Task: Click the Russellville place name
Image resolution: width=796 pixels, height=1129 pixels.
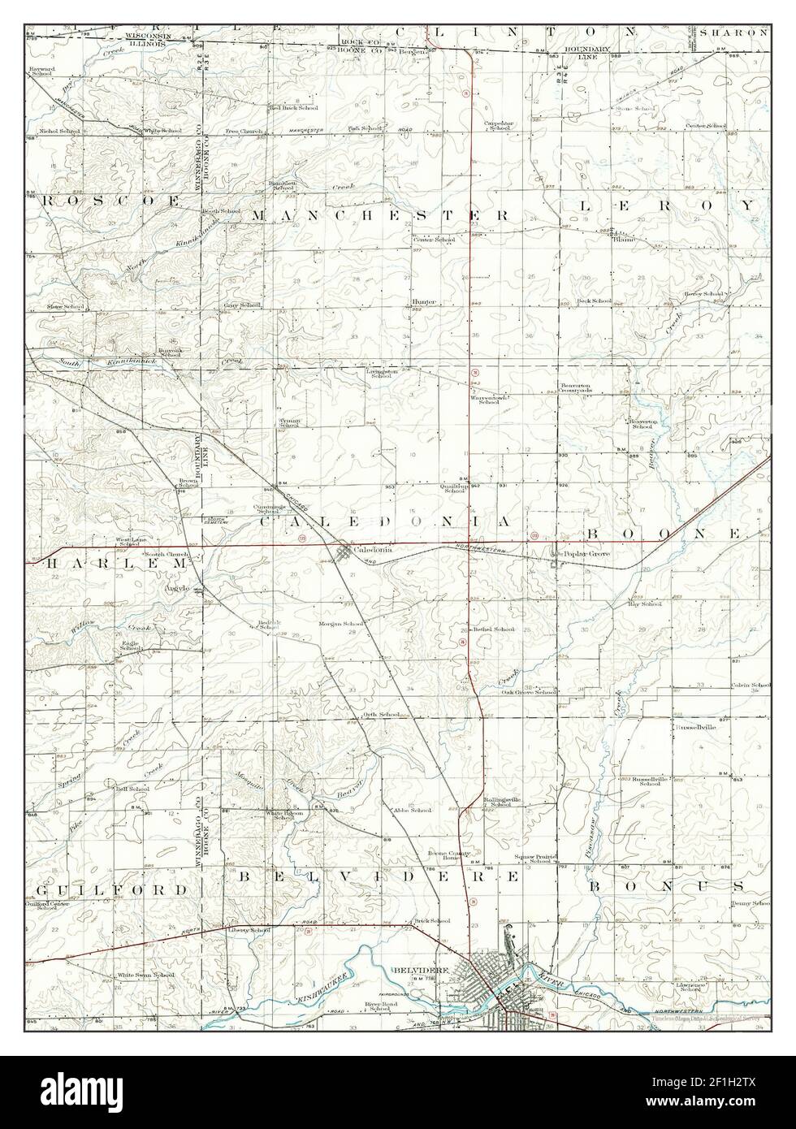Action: (x=695, y=728)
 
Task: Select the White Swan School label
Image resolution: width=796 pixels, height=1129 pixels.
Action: (x=145, y=975)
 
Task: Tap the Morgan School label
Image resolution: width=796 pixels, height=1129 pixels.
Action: (x=340, y=625)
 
